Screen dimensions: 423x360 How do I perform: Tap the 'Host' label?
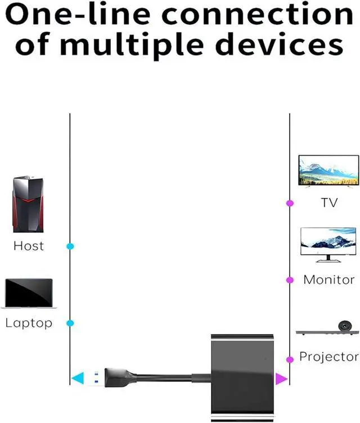pyautogui.click(x=28, y=246)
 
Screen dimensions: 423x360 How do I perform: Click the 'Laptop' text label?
pyautogui.click(x=29, y=323)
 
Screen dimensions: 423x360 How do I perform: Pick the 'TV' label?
pyautogui.click(x=329, y=203)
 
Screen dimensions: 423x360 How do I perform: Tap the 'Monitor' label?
pyautogui.click(x=329, y=280)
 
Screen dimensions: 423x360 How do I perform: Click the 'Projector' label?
pyautogui.click(x=329, y=357)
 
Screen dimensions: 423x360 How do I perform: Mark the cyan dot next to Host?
pyautogui.click(x=70, y=246)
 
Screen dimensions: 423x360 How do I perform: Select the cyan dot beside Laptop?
pyautogui.click(x=70, y=323)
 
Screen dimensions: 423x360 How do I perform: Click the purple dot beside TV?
pyautogui.click(x=290, y=203)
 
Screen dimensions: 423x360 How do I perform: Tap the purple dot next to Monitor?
pyautogui.click(x=290, y=280)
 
